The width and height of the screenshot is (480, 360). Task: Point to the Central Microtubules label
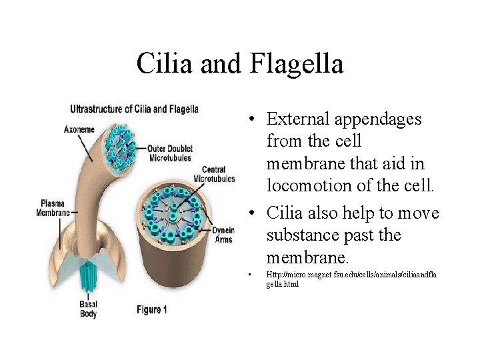[214, 174]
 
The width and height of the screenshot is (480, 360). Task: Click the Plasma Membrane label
[53, 207]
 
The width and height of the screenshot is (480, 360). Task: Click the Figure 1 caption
[151, 309]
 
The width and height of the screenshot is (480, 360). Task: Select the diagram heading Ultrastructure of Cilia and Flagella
[134, 109]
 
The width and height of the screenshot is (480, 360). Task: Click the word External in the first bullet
[297, 119]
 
